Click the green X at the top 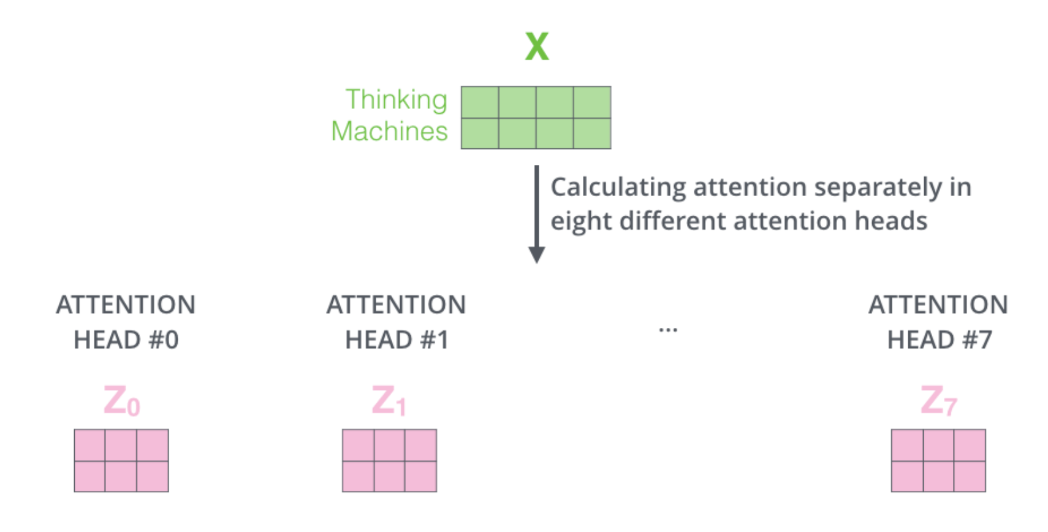point(537,47)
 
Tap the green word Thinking point(396,100)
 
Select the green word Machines point(389,131)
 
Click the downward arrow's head point(537,254)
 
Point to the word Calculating point(618,188)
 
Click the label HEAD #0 point(126,340)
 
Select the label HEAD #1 point(397,340)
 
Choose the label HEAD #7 point(939,340)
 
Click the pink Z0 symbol point(121,401)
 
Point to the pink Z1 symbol point(389,401)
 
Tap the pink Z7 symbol point(938,401)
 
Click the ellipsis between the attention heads point(668,330)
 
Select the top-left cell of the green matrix point(480,102)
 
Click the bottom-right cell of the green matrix point(592,133)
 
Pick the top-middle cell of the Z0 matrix point(121,445)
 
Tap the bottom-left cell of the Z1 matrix point(358,476)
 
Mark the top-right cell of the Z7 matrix point(970,445)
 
